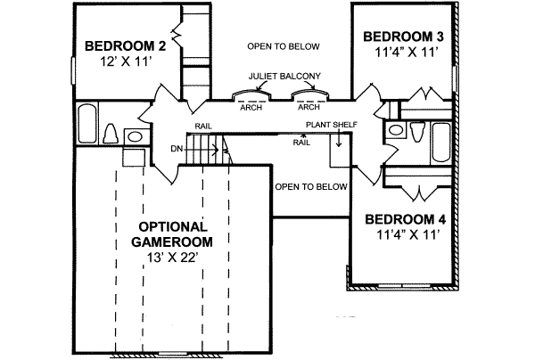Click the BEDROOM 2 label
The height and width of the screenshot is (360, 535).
pyautogui.click(x=125, y=47)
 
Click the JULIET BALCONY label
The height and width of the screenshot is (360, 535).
pyautogui.click(x=285, y=77)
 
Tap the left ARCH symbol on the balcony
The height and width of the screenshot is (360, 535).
pyautogui.click(x=250, y=96)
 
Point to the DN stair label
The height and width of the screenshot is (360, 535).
pyautogui.click(x=177, y=150)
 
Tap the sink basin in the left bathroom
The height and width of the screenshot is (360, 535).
pyautogui.click(x=136, y=136)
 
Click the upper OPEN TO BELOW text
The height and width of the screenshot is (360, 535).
pyautogui.click(x=283, y=45)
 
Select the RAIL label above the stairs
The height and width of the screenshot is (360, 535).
pyautogui.click(x=202, y=127)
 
